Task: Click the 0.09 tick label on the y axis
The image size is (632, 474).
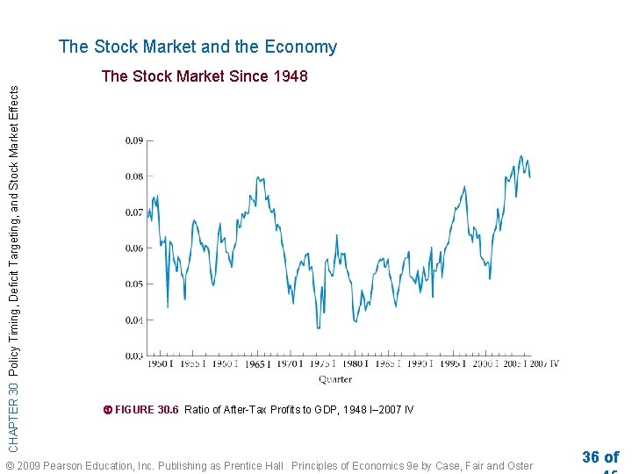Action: [133, 140]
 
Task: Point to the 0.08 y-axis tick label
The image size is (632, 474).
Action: [133, 176]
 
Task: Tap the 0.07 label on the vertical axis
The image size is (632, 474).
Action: [133, 212]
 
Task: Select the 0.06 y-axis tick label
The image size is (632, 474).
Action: [133, 248]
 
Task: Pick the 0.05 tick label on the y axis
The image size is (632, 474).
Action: [133, 284]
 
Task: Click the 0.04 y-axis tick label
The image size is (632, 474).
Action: [133, 320]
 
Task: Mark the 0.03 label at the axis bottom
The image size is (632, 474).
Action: [133, 356]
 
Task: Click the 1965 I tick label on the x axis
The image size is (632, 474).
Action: [256, 364]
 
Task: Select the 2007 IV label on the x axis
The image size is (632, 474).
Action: [542, 364]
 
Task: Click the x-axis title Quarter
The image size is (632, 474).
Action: [335, 379]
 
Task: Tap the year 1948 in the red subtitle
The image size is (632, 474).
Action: [290, 76]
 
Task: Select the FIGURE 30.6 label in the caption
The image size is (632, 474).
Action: [147, 410]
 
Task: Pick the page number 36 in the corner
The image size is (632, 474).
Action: [591, 457]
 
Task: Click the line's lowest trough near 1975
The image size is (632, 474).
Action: [318, 328]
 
